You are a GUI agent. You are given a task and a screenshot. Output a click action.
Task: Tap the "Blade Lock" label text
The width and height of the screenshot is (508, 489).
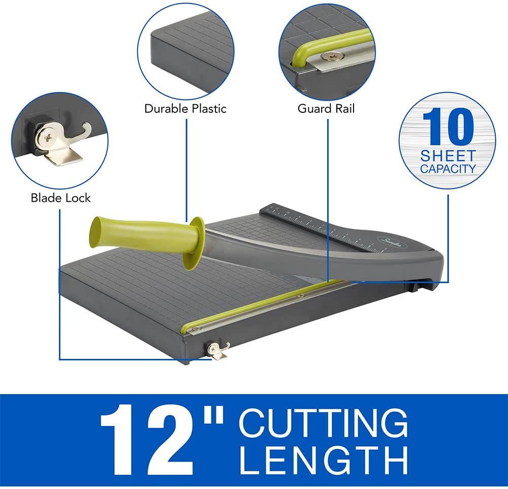(x=60, y=197)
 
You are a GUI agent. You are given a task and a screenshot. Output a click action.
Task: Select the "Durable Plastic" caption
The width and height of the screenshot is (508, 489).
(x=185, y=108)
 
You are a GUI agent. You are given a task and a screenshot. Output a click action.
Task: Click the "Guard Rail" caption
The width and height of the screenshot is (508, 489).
(x=326, y=108)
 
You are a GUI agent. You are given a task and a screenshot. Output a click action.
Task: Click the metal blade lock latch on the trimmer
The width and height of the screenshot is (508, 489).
(x=218, y=350)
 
